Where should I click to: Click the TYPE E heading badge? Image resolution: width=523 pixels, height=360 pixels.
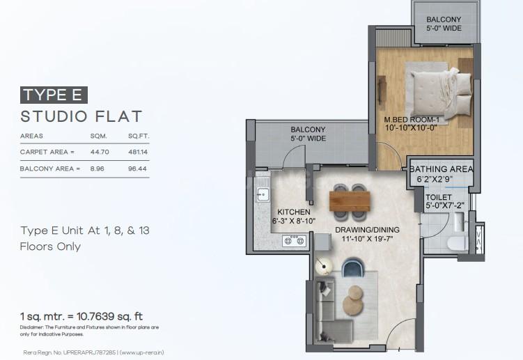[x=54, y=95]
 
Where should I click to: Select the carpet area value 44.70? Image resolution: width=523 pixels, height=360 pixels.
[x=100, y=152]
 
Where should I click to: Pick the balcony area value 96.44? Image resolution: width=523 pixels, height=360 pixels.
[x=137, y=169]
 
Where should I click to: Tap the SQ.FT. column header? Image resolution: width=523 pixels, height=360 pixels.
[x=139, y=136]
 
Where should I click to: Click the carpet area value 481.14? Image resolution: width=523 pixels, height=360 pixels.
[x=138, y=152]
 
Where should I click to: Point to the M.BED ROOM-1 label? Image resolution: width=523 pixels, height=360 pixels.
[x=412, y=120]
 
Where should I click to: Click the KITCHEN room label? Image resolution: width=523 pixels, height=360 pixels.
[x=294, y=212]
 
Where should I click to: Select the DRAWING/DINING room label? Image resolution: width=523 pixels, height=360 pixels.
[x=367, y=230]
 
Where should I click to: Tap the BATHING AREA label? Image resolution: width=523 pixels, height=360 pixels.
[x=441, y=169]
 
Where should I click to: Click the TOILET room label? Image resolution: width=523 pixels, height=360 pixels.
[x=439, y=197]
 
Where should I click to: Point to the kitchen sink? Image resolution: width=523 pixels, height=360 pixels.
[x=263, y=194]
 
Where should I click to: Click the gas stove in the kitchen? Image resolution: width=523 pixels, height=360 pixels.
[x=294, y=241]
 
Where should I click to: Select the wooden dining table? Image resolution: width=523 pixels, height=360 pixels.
[x=350, y=201]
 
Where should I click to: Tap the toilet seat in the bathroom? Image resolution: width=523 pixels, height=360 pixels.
[x=455, y=243]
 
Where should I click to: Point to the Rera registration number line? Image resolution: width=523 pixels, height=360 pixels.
[x=93, y=352]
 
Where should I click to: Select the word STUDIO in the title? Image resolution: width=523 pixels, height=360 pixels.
[x=54, y=116]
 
